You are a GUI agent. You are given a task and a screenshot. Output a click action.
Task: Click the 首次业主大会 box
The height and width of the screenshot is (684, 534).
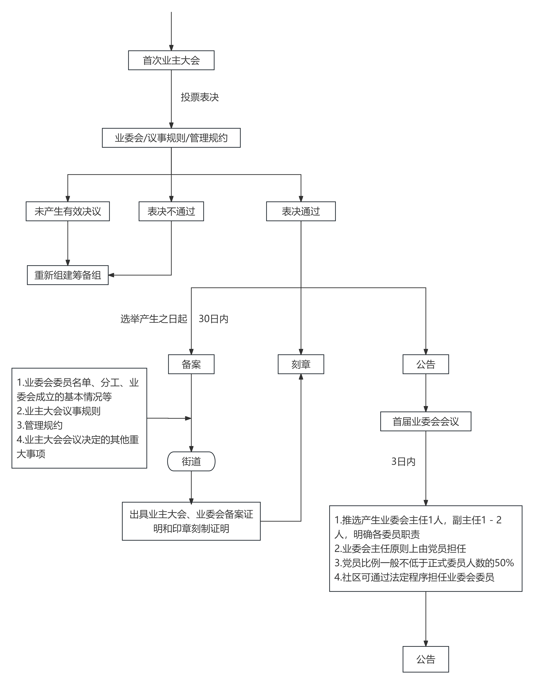[x=171, y=60]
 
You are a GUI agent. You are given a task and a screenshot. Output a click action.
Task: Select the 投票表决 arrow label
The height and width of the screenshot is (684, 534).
[x=199, y=97]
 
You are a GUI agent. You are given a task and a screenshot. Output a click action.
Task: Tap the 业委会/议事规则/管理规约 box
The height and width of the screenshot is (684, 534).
[x=171, y=138]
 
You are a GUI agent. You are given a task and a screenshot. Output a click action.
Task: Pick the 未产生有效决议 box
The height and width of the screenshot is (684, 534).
[x=68, y=211]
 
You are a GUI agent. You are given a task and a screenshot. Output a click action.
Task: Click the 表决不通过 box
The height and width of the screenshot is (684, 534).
[x=171, y=211]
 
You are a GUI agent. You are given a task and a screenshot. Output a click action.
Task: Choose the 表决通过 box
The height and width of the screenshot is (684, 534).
[x=301, y=211]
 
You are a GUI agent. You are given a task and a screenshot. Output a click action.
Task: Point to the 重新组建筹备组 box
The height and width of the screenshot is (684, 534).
[x=68, y=275]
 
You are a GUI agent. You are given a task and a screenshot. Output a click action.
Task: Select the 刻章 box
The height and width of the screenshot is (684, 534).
[x=301, y=364]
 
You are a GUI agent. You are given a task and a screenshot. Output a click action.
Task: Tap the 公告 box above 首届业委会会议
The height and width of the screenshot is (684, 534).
[x=426, y=364]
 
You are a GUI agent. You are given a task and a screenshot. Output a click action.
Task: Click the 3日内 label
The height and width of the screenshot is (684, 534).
[x=403, y=461]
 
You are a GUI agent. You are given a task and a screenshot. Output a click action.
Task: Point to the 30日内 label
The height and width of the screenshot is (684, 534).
[x=213, y=319]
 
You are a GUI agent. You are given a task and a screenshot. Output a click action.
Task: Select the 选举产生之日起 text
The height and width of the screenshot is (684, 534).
[x=154, y=319]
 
